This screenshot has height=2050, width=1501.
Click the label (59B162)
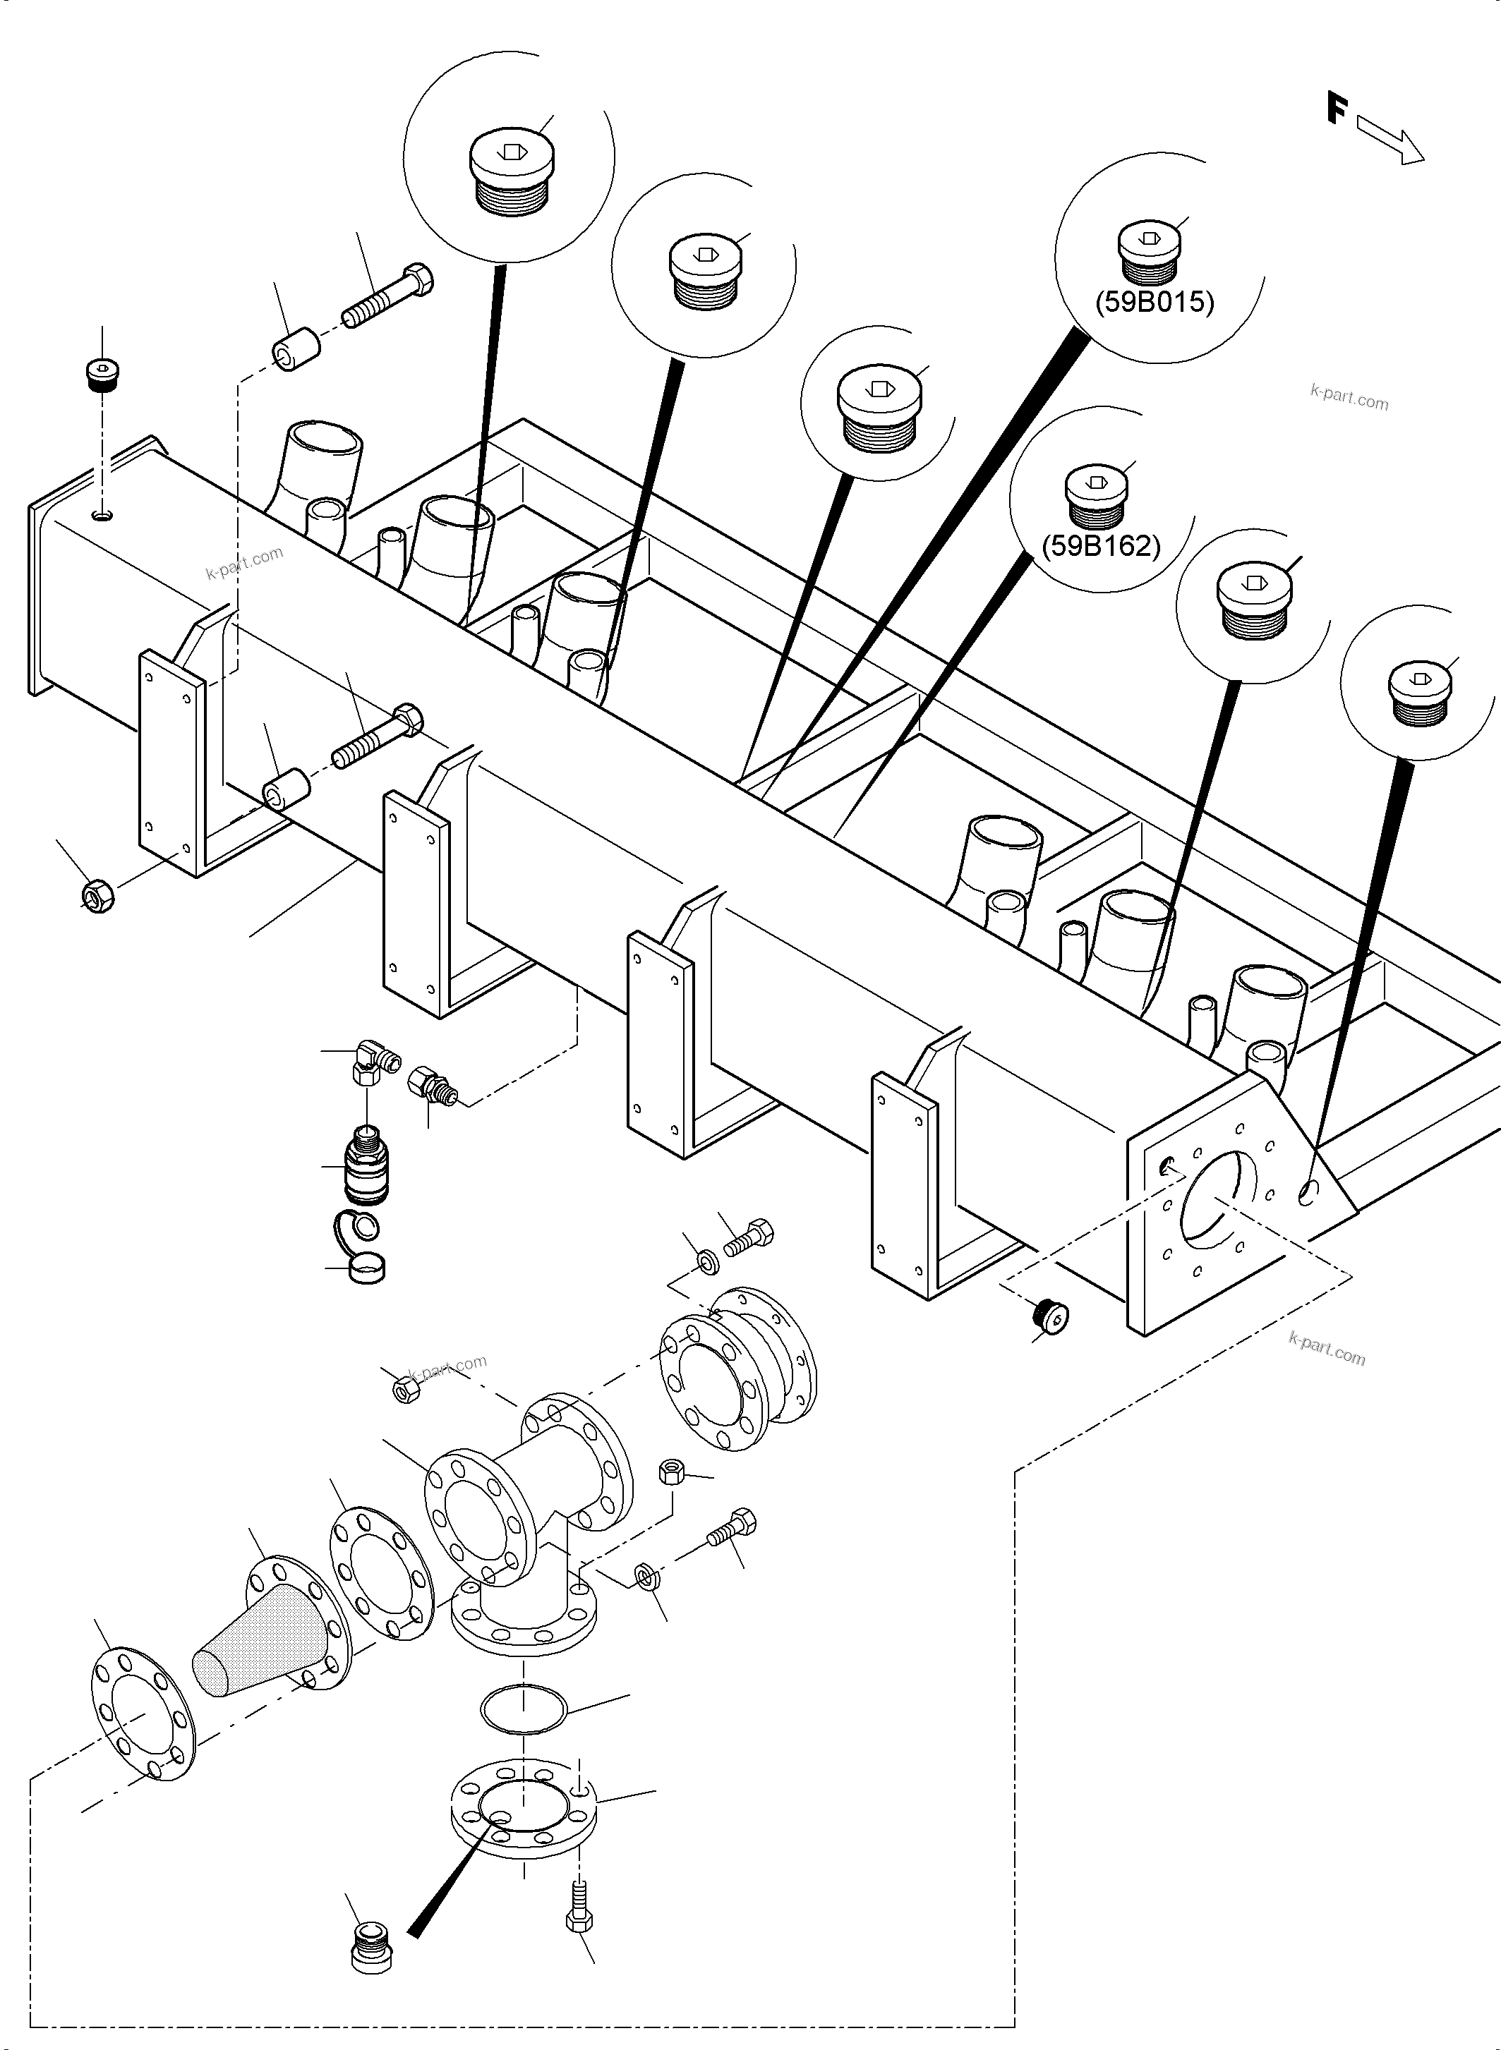1100,546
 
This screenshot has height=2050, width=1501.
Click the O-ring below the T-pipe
524,1709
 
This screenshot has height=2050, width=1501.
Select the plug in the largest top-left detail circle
512,173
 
